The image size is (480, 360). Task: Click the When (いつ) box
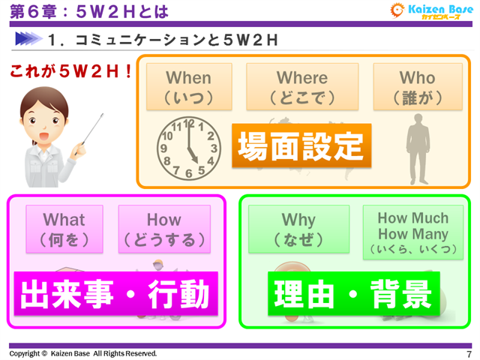[x=189, y=87]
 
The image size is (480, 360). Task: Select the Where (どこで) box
[x=302, y=87]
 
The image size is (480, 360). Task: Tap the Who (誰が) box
[x=417, y=87]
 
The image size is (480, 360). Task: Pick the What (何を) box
[x=64, y=229]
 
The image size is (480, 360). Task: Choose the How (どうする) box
[x=163, y=229]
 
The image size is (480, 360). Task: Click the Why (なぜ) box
[x=298, y=229]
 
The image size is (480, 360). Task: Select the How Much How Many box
[x=412, y=232]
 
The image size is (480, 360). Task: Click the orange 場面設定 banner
[x=301, y=145]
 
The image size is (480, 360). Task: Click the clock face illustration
[x=188, y=149]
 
